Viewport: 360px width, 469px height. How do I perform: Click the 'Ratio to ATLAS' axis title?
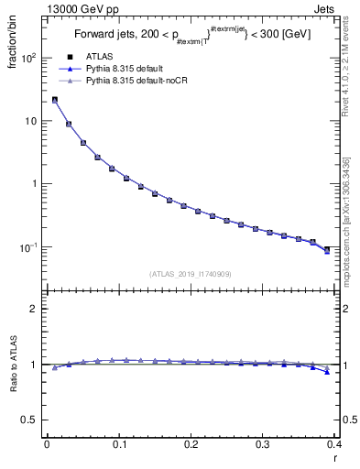pyautogui.click(x=14, y=366)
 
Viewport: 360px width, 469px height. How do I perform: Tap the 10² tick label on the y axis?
pyautogui.click(x=27, y=58)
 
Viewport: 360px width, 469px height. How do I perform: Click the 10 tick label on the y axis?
pyautogui.click(x=29, y=121)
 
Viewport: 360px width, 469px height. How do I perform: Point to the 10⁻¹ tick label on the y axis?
pyautogui.click(x=27, y=247)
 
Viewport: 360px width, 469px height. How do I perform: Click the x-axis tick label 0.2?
pyautogui.click(x=191, y=443)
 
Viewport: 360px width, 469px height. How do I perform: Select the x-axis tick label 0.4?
pyautogui.click(x=333, y=443)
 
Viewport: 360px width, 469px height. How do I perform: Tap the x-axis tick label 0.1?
pyautogui.click(x=118, y=443)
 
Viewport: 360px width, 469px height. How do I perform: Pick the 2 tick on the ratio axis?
pyautogui.click(x=33, y=309)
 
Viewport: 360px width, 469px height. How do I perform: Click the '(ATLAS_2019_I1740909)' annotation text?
pyautogui.click(x=189, y=273)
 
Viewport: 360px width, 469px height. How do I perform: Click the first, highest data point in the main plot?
pyautogui.click(x=55, y=100)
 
